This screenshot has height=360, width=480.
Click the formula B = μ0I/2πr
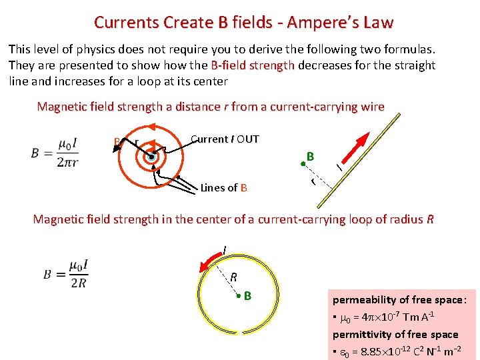pos(54,153)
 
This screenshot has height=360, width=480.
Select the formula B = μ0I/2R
pos(66,274)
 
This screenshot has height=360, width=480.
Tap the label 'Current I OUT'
pos(225,139)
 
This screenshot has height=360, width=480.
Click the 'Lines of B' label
pos(223,188)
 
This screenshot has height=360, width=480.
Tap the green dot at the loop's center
pos(237,295)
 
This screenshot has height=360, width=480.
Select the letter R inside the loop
pos(234,277)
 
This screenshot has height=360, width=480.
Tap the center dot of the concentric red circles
pos(152,157)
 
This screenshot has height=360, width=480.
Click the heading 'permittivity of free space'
pos(395,334)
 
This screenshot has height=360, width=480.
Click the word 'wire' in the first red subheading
pos(371,107)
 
